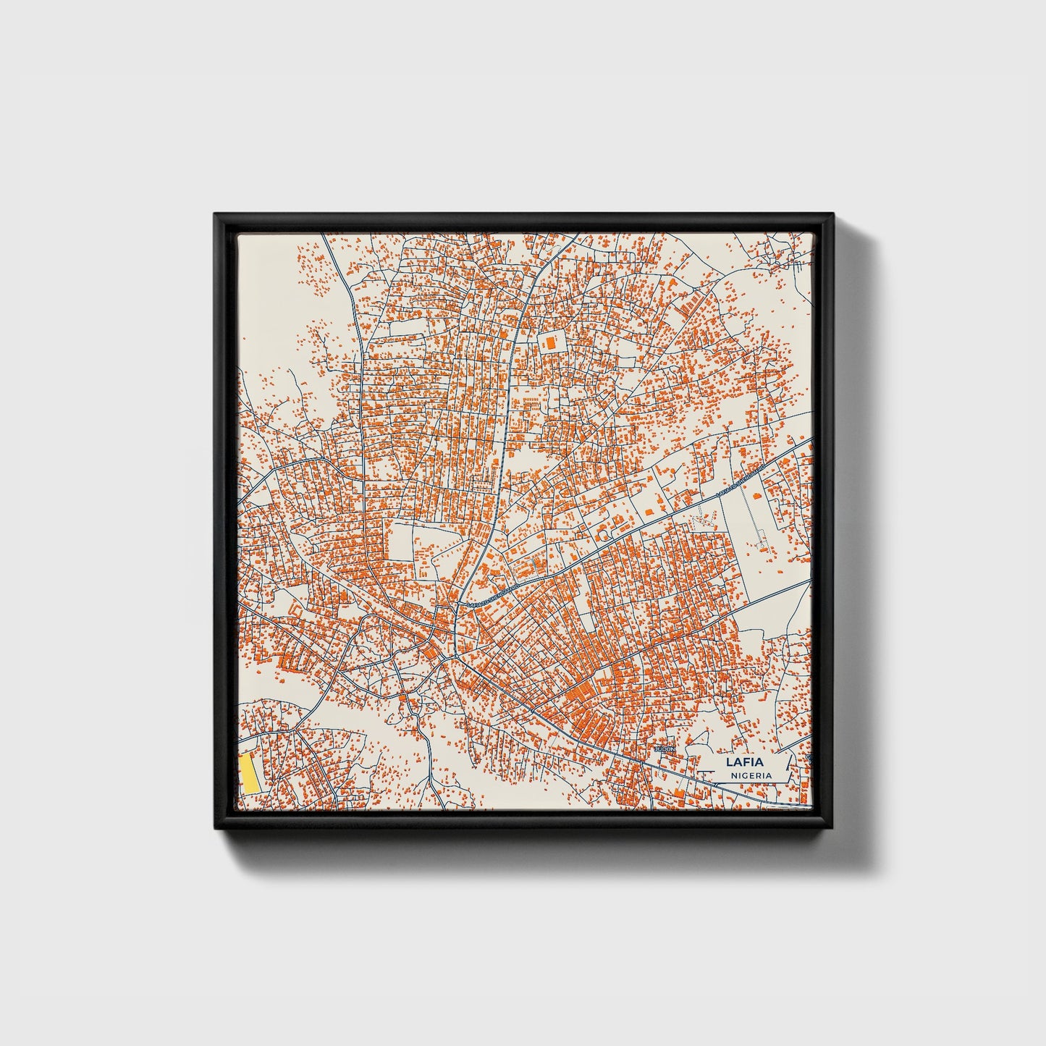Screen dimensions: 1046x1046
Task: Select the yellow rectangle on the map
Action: click(250, 774)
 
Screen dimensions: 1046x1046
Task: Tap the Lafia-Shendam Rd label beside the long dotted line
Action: click(740, 481)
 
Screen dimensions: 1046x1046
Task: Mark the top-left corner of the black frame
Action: click(215, 214)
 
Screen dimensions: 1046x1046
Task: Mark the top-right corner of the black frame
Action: click(833, 214)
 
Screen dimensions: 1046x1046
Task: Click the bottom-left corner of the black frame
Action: click(215, 830)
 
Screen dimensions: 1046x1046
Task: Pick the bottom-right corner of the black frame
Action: click(833, 830)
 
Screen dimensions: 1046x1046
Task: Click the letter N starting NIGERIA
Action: click(733, 775)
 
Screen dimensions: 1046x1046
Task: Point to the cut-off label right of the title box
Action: click(809, 758)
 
